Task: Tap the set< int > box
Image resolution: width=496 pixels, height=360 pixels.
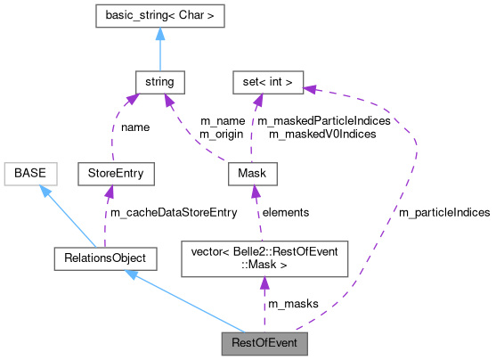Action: point(267,83)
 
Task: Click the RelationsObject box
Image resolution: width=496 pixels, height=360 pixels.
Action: point(104,258)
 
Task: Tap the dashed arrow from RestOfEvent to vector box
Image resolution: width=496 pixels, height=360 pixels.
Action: point(264,303)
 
